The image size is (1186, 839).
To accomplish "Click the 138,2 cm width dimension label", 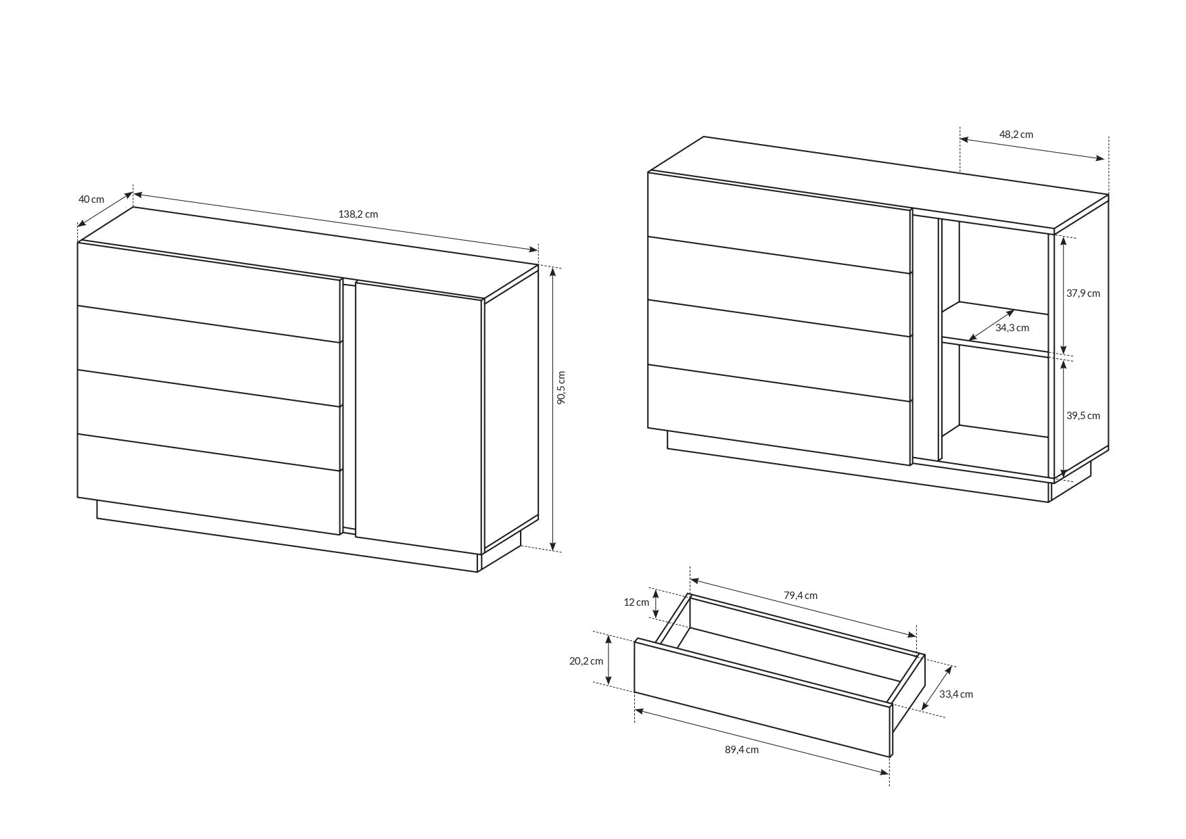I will pos(358,214).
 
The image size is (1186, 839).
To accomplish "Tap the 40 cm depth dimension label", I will pos(91,199).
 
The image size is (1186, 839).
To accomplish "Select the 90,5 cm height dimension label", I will pos(561,388).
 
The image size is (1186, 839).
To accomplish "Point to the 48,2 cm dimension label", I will pos(1016,135).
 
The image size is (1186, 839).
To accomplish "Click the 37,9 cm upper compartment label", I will pos(1083,293).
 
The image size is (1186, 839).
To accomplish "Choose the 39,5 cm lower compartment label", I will pos(1083,416).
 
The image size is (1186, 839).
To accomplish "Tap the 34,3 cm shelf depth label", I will pos(1012,328).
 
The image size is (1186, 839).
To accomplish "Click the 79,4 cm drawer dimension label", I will pos(800,596).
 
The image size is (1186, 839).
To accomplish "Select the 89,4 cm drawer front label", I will pos(741,750).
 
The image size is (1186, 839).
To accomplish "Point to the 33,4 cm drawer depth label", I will pos(955,694).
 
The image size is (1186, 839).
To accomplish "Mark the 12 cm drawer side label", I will pos(636,602).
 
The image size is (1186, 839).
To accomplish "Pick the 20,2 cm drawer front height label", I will pos(586,661).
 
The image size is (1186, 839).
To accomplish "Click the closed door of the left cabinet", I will pos(418,416).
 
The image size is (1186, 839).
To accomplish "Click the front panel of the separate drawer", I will pos(762,696).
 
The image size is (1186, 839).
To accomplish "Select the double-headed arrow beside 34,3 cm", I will pos(991,325).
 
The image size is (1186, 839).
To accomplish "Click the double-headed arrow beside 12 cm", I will pos(655,604).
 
